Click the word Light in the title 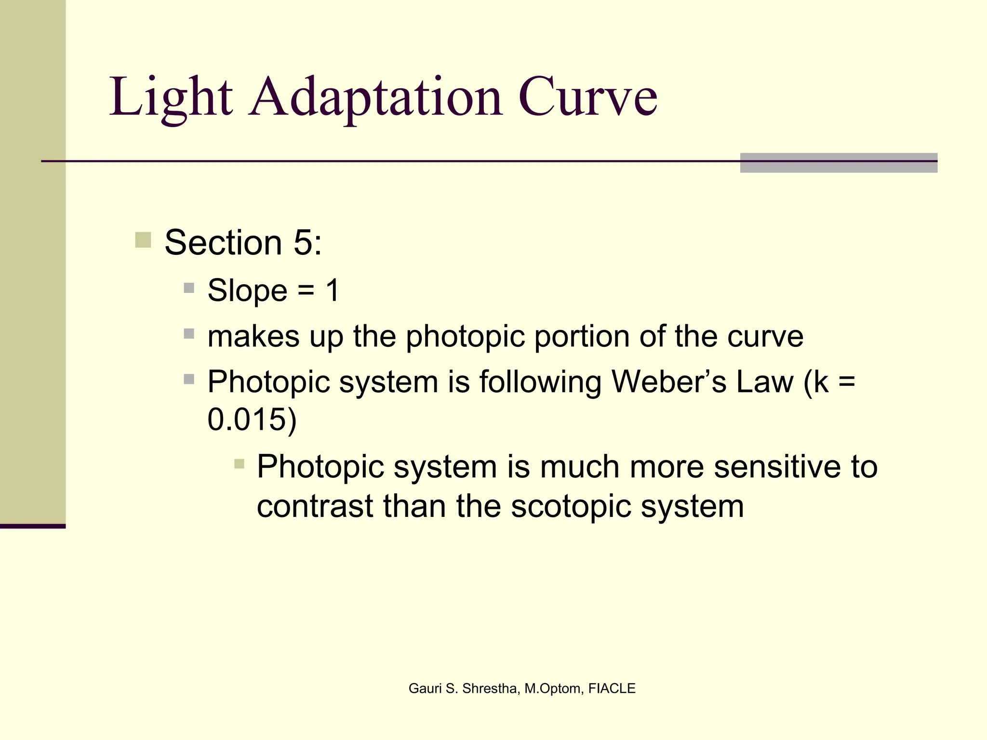[x=171, y=97]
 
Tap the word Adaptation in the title [x=376, y=97]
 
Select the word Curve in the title [x=587, y=97]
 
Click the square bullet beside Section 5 [x=143, y=240]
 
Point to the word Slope [x=247, y=291]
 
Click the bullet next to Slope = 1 [x=189, y=289]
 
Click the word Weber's [x=668, y=382]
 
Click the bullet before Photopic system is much [x=240, y=464]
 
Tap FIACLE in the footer [x=612, y=688]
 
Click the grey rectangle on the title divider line [x=839, y=163]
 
